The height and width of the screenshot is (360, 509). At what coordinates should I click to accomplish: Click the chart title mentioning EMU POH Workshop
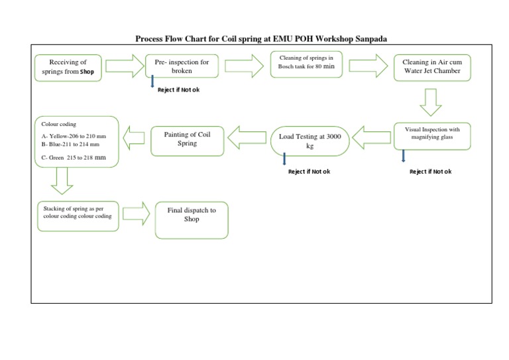261,39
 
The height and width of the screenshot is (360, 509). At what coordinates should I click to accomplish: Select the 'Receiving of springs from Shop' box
69,67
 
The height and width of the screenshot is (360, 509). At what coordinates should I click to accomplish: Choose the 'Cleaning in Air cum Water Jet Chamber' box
432,66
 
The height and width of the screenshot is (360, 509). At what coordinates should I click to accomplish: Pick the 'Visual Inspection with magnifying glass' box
431,135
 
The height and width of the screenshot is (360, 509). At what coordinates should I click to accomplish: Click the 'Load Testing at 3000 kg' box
310,141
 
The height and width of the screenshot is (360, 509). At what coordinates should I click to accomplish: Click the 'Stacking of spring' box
78,213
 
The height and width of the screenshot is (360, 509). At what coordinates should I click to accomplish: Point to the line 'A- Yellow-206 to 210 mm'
74,137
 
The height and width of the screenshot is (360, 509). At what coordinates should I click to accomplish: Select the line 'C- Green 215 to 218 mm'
74,158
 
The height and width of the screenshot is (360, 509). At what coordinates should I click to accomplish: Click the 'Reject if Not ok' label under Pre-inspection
178,90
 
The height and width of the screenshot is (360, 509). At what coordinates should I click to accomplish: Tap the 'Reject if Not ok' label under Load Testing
309,172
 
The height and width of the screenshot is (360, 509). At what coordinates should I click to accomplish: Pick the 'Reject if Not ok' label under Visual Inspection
431,172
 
